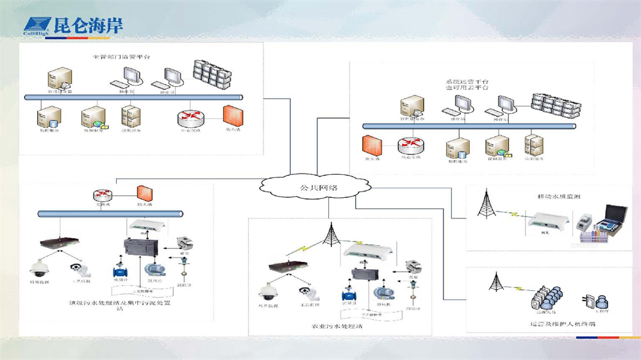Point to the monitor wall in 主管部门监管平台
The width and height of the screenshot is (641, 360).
click(x=211, y=74)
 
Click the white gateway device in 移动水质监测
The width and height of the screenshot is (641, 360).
click(x=544, y=222)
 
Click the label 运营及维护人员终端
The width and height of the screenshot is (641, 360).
click(x=562, y=323)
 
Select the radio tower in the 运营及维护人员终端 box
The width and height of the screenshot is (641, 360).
click(x=494, y=286)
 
